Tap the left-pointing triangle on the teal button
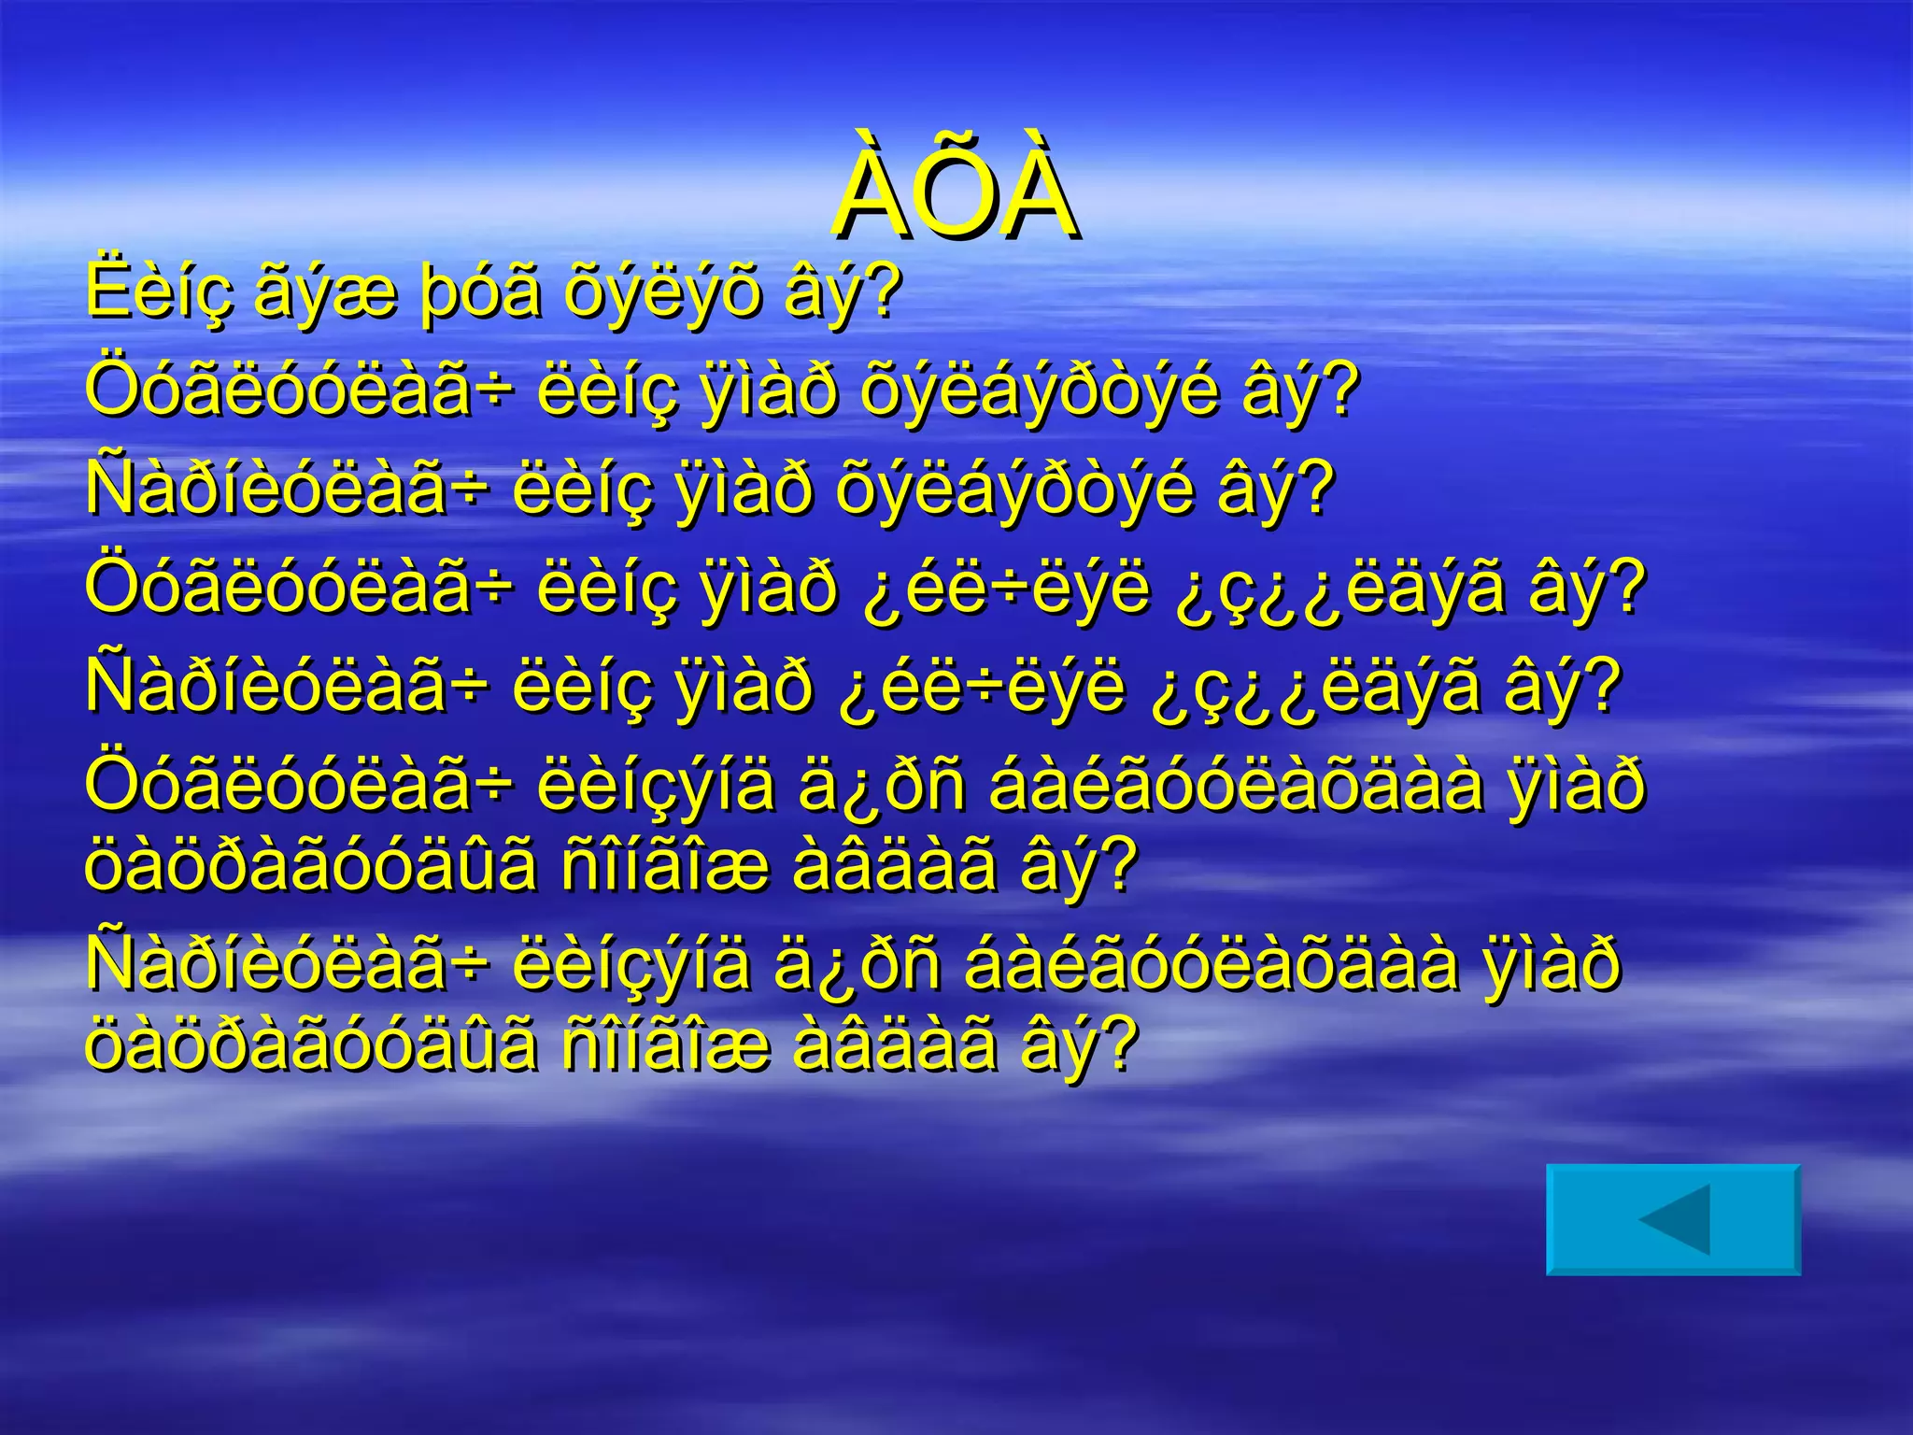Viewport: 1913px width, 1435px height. click(1676, 1219)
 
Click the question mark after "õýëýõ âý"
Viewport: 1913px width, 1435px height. click(883, 291)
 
